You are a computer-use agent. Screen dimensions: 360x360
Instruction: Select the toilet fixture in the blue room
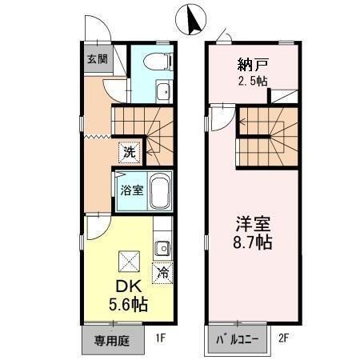157,59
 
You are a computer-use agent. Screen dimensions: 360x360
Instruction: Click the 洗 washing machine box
128,150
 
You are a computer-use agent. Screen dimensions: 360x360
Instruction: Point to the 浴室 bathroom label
131,190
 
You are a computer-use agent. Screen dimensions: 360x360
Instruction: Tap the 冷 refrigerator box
162,273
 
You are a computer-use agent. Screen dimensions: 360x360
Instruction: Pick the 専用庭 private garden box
112,339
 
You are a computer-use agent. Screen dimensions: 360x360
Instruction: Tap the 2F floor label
283,338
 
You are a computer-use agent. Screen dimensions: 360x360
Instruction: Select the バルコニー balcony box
238,339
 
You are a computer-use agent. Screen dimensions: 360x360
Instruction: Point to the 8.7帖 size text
253,241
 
